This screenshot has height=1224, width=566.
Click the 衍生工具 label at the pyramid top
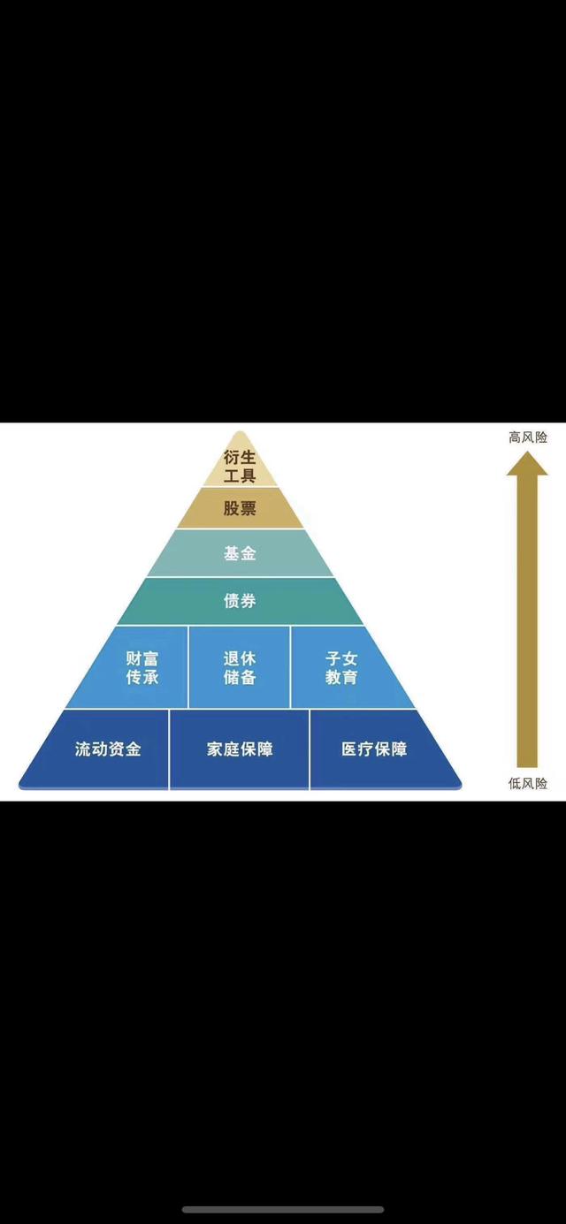point(240,466)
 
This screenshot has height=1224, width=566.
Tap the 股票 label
point(240,509)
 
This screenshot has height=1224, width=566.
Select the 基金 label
point(240,553)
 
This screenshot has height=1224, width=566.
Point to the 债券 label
point(240,601)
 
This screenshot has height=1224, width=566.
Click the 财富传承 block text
point(142,668)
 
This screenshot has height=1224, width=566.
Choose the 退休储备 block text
point(240,668)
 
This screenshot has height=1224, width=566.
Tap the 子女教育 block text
point(341,668)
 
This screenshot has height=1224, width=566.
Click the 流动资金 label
point(108,749)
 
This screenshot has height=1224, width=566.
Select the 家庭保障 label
point(240,749)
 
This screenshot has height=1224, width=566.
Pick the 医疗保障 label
point(374,749)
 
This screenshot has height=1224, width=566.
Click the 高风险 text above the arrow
point(528,437)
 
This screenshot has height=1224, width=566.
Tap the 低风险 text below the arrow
point(528,784)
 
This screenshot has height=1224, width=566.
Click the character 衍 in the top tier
point(232,457)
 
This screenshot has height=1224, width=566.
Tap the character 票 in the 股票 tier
point(249,509)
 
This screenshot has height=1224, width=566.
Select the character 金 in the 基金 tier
point(249,553)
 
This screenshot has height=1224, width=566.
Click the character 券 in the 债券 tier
point(249,601)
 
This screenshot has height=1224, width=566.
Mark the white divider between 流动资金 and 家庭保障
point(169,749)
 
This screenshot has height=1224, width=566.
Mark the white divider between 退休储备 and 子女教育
point(290,667)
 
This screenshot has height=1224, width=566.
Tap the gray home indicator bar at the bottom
point(283,1209)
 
